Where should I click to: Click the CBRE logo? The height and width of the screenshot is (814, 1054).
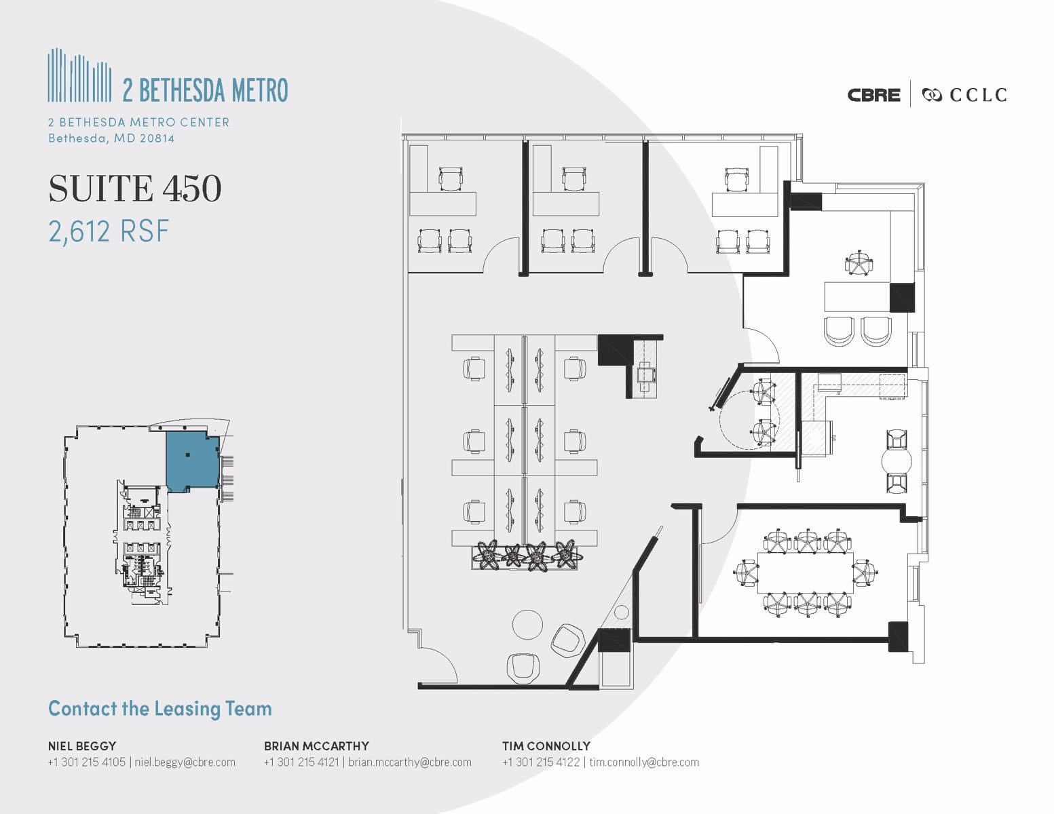pyautogui.click(x=873, y=95)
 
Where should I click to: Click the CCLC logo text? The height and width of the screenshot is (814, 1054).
pyautogui.click(x=977, y=95)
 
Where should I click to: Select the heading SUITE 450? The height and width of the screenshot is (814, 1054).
pyautogui.click(x=135, y=189)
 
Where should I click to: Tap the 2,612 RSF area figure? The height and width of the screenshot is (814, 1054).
pyautogui.click(x=109, y=231)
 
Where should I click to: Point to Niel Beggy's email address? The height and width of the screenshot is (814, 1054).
pyautogui.click(x=185, y=762)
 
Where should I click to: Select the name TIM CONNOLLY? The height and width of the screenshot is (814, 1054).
pyautogui.click(x=546, y=745)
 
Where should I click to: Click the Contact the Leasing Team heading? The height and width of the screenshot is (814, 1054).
pyautogui.click(x=160, y=709)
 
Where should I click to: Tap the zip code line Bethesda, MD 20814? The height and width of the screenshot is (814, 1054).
pyautogui.click(x=111, y=138)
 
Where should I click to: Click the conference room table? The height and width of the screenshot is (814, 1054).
pyautogui.click(x=806, y=573)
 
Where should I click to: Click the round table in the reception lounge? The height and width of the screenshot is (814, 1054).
pyautogui.click(x=527, y=624)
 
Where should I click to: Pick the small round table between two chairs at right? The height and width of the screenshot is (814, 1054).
pyautogui.click(x=896, y=463)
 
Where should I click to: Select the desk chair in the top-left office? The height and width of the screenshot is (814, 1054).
pyautogui.click(x=451, y=178)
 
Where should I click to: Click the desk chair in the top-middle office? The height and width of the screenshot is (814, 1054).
pyautogui.click(x=573, y=178)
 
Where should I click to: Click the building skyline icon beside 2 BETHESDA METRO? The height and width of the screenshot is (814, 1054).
pyautogui.click(x=79, y=75)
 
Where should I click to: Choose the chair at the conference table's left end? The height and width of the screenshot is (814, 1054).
pyautogui.click(x=746, y=573)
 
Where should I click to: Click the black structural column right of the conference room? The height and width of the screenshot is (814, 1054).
pyautogui.click(x=898, y=636)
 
